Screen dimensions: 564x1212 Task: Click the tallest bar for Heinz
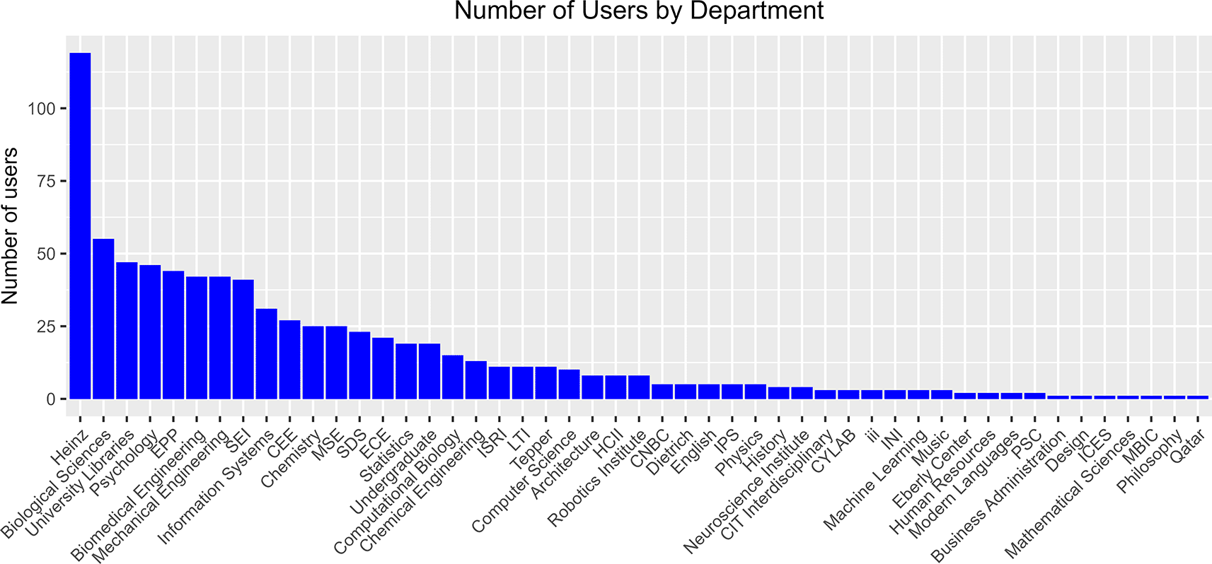click(80, 226)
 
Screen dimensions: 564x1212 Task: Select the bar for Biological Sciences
click(103, 319)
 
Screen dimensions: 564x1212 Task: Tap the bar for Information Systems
click(266, 353)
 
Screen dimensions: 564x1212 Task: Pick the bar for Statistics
click(406, 371)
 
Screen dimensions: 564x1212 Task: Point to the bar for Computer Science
click(569, 384)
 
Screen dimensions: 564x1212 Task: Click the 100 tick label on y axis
click(41, 109)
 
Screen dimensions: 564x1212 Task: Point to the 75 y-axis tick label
click(45, 182)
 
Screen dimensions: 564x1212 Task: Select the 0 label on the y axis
click(50, 399)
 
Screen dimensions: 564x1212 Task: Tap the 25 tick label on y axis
click(45, 327)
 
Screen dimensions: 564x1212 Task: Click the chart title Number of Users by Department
click(639, 11)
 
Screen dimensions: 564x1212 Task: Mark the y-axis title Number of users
click(10, 226)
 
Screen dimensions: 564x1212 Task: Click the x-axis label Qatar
click(1188, 447)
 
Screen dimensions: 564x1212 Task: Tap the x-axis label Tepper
click(531, 450)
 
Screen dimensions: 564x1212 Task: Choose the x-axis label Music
click(931, 448)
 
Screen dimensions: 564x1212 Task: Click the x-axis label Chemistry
click(291, 459)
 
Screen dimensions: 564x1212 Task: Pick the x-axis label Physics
click(739, 452)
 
